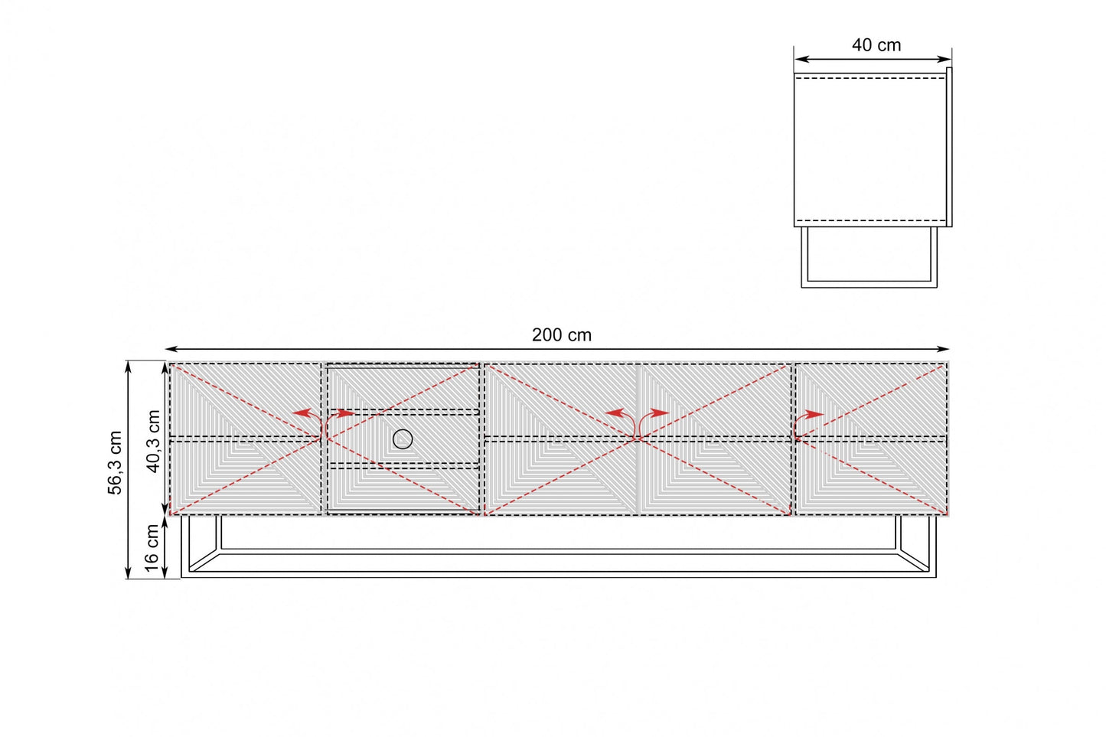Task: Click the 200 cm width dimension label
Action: [561, 335]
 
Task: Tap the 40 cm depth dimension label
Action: [876, 45]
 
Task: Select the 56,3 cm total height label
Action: [115, 462]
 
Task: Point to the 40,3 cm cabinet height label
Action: [154, 441]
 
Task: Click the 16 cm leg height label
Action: [152, 548]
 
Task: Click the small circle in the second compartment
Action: [403, 439]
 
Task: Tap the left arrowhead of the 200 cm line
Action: [171, 349]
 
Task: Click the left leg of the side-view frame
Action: [804, 257]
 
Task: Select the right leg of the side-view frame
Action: [934, 257]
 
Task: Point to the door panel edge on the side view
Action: [949, 147]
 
